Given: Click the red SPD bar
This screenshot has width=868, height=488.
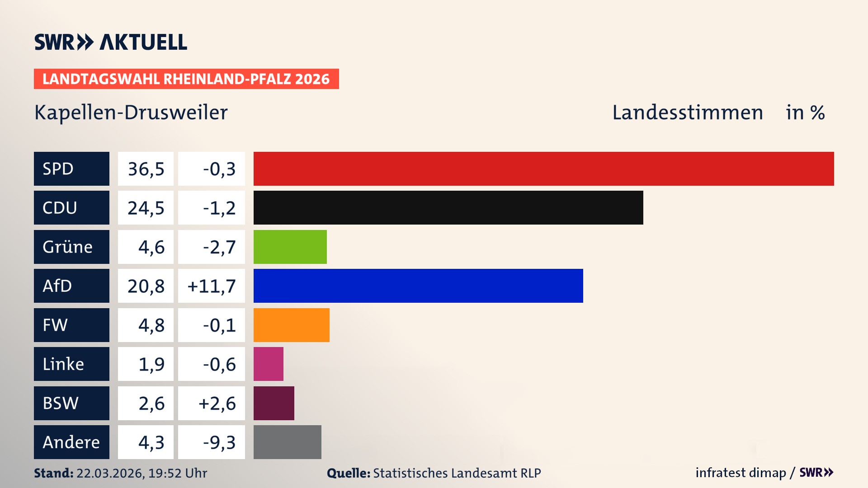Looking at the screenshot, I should click(x=543, y=169).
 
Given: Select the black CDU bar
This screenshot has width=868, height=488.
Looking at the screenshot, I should click(x=448, y=207).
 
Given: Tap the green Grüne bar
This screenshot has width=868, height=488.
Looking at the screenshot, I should click(x=290, y=247).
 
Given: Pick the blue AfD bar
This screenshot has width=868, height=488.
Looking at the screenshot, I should click(x=418, y=286).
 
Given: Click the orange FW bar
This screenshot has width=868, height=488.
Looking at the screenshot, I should click(x=291, y=325).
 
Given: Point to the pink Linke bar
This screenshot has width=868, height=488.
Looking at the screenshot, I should click(x=268, y=364).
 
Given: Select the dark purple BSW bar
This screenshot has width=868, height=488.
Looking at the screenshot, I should click(x=274, y=403).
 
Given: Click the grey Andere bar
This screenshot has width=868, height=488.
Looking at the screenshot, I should click(x=287, y=442).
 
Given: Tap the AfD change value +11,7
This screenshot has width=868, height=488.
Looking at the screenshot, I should click(x=212, y=286).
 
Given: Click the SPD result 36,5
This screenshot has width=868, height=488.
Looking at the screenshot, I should click(x=146, y=169).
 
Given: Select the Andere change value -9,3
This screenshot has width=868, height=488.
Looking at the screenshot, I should click(x=219, y=442).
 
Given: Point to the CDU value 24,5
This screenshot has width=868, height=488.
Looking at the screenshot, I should click(x=146, y=208).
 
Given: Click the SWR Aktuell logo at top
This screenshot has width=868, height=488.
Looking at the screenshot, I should click(x=111, y=42).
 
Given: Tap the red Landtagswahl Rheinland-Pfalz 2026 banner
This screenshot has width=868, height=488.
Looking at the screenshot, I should click(x=186, y=79).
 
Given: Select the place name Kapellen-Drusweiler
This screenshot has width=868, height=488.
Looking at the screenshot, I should click(x=131, y=113).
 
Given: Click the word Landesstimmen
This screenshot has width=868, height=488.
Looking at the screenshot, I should click(x=687, y=113).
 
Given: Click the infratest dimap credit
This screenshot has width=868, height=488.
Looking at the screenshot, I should click(x=741, y=473).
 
